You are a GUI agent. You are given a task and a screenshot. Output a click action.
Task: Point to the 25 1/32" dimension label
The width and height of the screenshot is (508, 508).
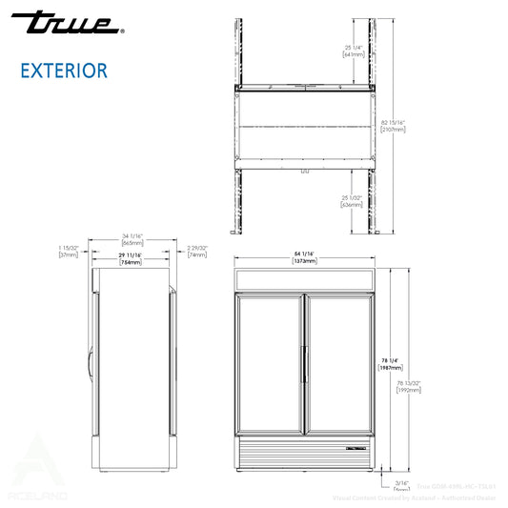point(353,200)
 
